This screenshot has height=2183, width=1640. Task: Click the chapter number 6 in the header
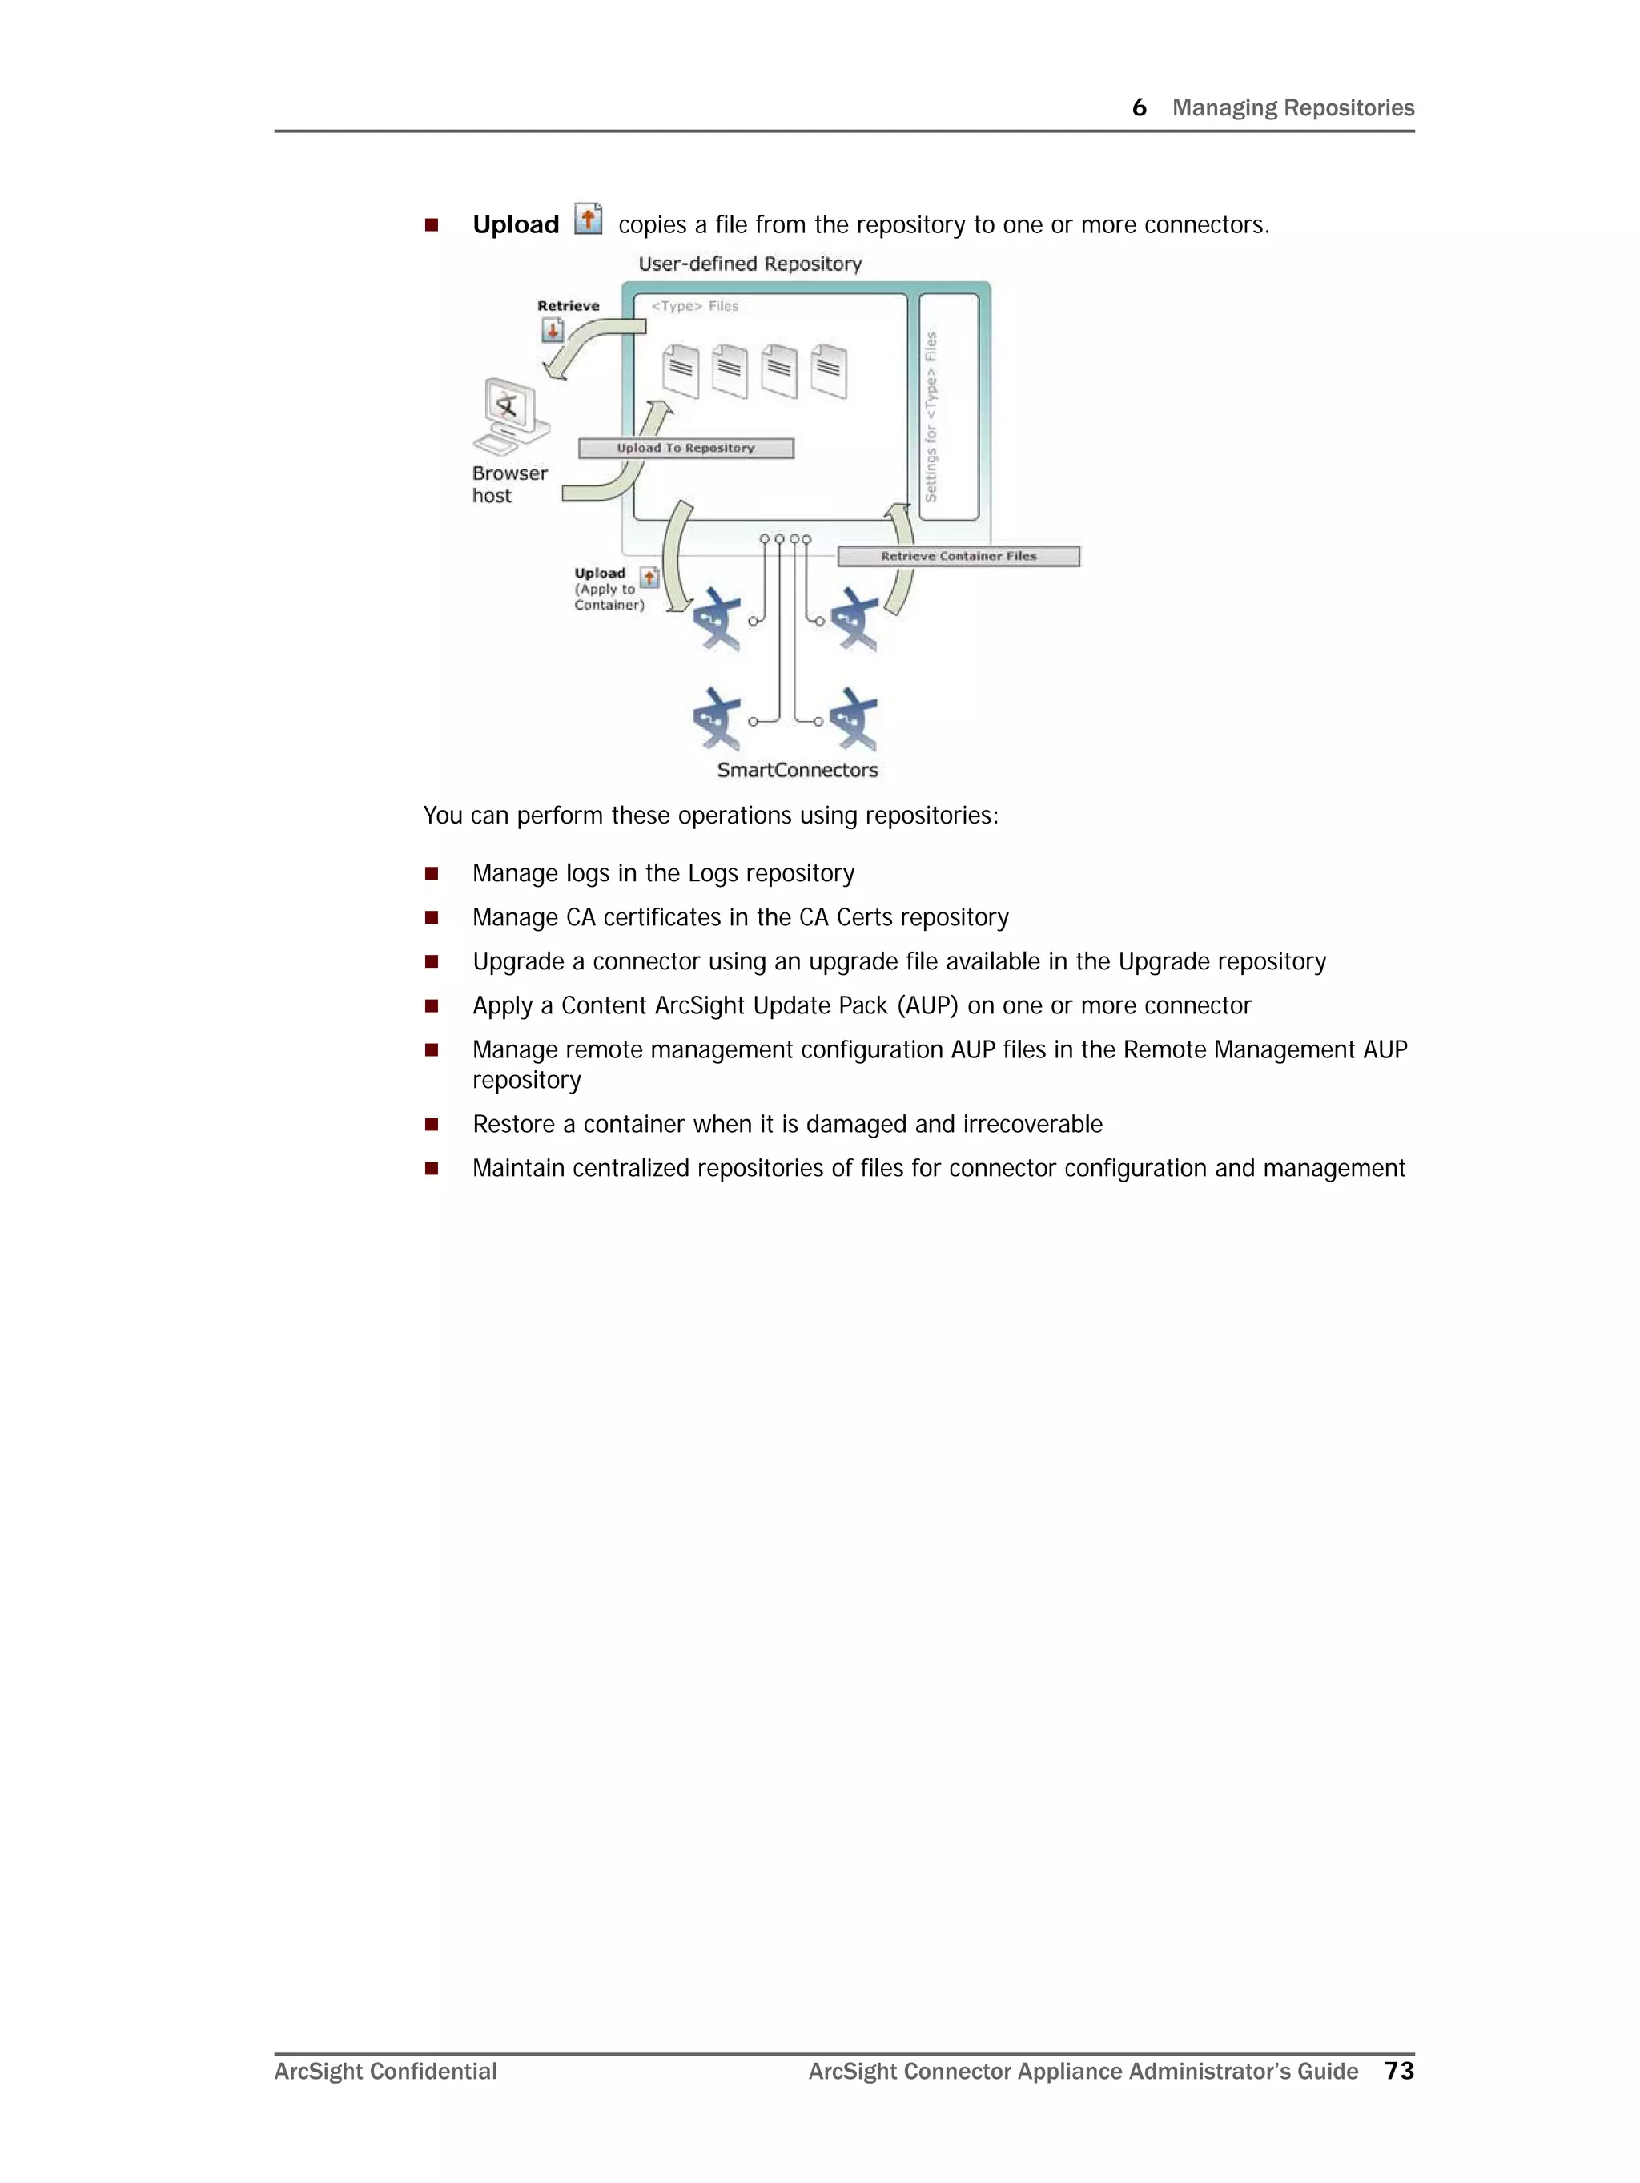(1139, 107)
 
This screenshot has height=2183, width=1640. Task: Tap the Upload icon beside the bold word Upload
(588, 219)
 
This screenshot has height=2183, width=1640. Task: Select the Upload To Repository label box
(685, 448)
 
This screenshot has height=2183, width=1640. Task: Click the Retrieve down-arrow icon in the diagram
(553, 331)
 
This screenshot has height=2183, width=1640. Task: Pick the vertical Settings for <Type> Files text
(931, 417)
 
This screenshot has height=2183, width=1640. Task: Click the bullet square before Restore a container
(431, 1124)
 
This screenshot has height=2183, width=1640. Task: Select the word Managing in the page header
(1224, 107)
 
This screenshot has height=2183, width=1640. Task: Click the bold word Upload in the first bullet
(516, 225)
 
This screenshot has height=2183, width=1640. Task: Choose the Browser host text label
(508, 485)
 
